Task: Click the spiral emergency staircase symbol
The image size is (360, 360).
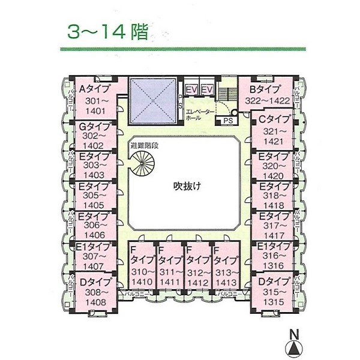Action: coord(144,162)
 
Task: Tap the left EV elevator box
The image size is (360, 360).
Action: coord(191,90)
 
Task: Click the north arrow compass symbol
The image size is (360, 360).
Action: coord(293,347)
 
